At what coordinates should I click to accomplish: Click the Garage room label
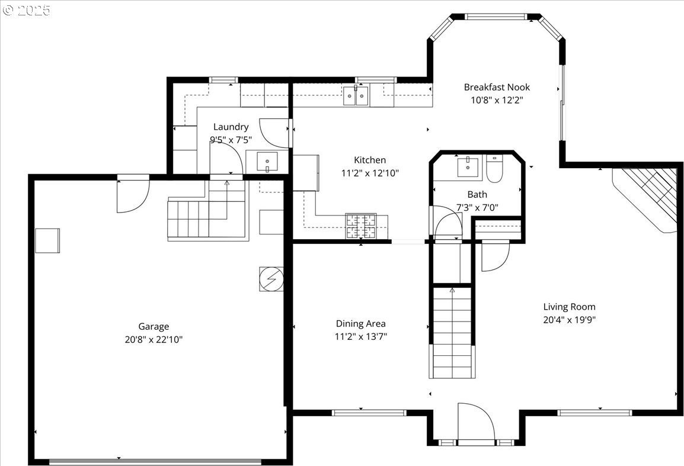tap(154, 326)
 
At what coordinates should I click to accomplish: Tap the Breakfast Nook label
tap(497, 87)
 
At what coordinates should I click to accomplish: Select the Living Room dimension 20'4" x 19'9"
tap(569, 320)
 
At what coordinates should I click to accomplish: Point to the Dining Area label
tap(361, 323)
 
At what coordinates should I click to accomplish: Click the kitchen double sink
tap(356, 96)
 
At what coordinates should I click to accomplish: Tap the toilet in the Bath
tap(495, 169)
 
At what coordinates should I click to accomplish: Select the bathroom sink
tap(468, 168)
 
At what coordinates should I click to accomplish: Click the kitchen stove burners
tap(361, 226)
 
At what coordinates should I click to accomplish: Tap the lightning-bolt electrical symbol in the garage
tap(271, 279)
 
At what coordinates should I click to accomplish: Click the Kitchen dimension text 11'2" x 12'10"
tap(370, 173)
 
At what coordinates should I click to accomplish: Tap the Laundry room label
tap(231, 127)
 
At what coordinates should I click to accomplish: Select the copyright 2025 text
tap(27, 10)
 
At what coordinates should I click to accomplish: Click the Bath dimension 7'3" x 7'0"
tap(477, 207)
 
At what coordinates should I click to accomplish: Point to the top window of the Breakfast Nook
tap(496, 17)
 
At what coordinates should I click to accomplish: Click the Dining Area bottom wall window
tap(369, 412)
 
